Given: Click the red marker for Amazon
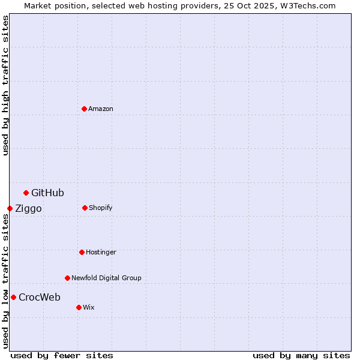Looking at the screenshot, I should [84, 109].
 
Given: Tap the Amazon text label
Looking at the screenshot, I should [101, 109].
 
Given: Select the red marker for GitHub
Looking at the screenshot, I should [26, 193].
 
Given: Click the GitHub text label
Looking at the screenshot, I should [47, 193].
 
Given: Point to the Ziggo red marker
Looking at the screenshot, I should [10, 208].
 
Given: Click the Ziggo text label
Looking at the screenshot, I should [28, 209].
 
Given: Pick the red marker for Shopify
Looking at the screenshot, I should [85, 208].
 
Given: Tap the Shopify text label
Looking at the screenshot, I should [101, 208].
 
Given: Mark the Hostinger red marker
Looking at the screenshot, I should [82, 252].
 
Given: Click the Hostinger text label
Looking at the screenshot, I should [101, 252].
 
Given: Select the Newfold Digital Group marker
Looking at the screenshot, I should [67, 278].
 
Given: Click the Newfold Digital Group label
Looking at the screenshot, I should [106, 278].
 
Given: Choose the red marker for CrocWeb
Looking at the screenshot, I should [13, 297].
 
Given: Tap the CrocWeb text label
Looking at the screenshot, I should [40, 297].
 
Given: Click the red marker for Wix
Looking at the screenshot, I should [79, 307].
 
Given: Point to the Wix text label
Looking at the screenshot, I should [89, 307].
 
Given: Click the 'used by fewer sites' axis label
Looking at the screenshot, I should [62, 356].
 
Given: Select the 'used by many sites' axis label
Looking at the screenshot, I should [301, 356].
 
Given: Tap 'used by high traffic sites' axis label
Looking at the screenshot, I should [5, 85].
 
